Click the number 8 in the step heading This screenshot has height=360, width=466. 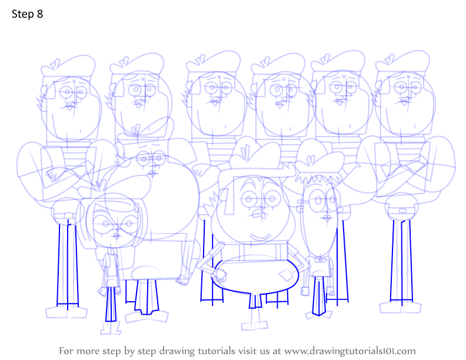(x=40, y=14)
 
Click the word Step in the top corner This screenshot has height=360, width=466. (x=22, y=15)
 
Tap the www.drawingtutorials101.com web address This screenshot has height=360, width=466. (x=350, y=351)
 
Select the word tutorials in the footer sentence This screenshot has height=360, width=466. (x=216, y=351)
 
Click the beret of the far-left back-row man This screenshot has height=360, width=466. (x=68, y=66)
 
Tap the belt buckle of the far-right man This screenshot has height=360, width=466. (x=402, y=211)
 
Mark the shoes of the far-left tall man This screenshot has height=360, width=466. (x=66, y=312)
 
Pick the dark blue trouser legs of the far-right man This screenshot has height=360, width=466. (x=401, y=261)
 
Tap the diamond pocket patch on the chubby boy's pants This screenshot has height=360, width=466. (x=286, y=276)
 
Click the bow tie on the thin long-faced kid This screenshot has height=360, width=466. (x=319, y=260)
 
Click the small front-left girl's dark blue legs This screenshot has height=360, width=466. (x=111, y=304)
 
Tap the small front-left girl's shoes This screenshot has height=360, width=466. (x=111, y=327)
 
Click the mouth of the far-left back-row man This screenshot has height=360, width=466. (x=69, y=106)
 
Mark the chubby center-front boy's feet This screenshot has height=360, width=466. (x=255, y=321)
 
